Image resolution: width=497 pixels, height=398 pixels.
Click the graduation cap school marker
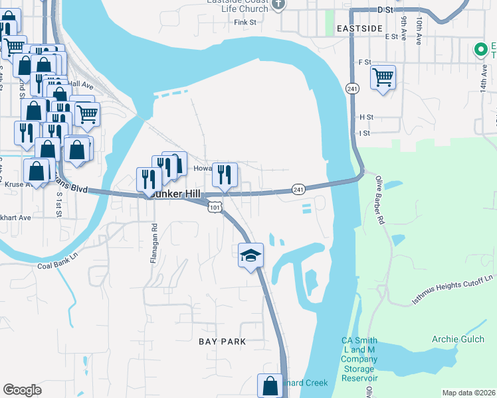pos(251,255)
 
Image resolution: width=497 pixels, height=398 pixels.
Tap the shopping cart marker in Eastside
pos(383,78)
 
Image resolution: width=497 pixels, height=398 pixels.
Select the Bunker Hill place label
pos(173,194)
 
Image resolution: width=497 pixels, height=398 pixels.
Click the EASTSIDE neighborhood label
pos(359,29)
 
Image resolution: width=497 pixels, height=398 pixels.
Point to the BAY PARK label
pos(223,342)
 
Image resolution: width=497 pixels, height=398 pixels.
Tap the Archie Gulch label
pos(455,340)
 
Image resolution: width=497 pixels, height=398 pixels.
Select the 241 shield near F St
pos(351,88)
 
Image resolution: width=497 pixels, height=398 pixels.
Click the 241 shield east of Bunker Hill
pos(298,189)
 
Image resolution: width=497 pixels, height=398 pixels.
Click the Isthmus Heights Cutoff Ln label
pos(453,290)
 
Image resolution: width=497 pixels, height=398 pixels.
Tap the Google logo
pos(22,390)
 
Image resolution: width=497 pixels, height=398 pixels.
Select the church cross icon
pos(278,5)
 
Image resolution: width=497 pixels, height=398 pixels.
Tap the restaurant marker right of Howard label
pos(225,175)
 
